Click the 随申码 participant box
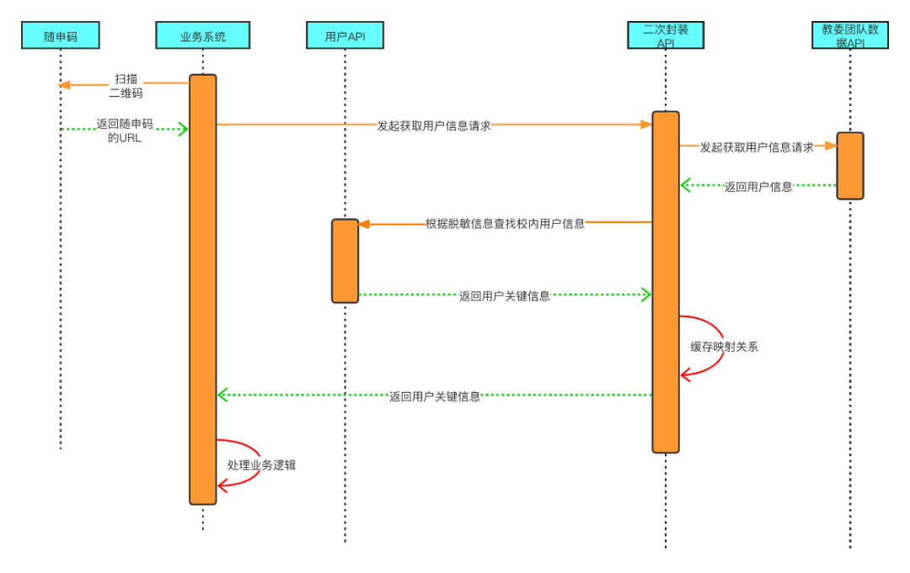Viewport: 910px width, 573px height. coord(61,36)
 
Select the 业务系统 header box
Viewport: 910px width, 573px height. coord(203,36)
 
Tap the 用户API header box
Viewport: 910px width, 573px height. coord(345,36)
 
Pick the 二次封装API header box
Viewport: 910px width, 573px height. coord(666,35)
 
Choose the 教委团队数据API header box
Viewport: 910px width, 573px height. coord(850,35)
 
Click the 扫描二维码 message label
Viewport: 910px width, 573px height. coord(126,86)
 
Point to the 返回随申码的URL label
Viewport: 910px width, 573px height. coord(125,130)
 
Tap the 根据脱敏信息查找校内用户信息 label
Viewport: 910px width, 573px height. coord(505,224)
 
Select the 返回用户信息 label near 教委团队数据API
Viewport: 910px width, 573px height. coord(758,187)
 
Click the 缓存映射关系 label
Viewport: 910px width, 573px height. coord(724,346)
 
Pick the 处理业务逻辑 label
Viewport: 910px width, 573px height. coord(261,464)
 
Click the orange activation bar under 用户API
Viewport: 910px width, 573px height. coord(345,261)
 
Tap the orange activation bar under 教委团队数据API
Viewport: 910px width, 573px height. coord(850,166)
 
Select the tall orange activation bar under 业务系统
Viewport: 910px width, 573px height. coord(202,289)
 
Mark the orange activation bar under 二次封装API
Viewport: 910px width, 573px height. coord(666,282)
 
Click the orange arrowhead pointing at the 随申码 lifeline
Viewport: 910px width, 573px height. coord(62,84)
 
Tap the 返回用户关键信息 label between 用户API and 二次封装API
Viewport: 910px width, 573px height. coord(505,296)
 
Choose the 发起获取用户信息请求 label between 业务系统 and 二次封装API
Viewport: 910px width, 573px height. coord(434,126)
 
